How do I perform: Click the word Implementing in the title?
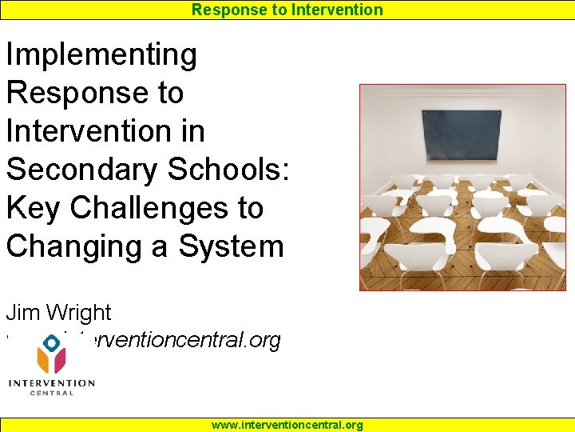(x=101, y=55)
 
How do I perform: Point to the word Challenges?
(x=167, y=208)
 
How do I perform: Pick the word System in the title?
(x=232, y=246)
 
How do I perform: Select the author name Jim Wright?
(x=58, y=313)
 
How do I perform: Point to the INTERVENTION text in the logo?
(x=52, y=383)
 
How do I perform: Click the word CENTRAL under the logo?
(x=52, y=393)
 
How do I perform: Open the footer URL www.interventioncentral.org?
(x=287, y=425)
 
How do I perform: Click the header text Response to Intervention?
(x=287, y=10)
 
